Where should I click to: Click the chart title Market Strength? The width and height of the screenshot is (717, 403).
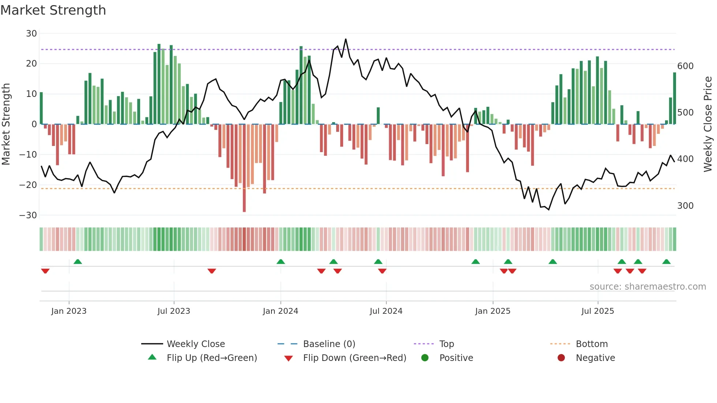tap(53, 10)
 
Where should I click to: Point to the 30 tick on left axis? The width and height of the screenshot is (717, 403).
tap(31, 34)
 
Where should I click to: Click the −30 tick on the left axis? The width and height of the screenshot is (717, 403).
tap(28, 215)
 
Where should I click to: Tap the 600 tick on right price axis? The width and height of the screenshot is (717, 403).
tap(685, 66)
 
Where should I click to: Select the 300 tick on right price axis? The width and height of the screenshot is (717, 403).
tap(685, 206)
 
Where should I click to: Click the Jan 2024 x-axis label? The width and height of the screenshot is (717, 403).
tap(280, 311)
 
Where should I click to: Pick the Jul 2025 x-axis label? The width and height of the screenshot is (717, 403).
tap(597, 311)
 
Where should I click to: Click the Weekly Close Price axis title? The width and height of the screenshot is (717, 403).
tap(708, 124)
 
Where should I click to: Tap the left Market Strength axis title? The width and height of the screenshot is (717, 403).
tap(6, 124)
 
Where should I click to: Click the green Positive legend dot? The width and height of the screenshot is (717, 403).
tap(425, 358)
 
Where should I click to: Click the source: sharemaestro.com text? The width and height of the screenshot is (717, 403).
tap(647, 287)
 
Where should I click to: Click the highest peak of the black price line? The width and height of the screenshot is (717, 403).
tap(345, 39)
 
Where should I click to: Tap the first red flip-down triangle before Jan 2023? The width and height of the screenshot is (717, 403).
tap(45, 271)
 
